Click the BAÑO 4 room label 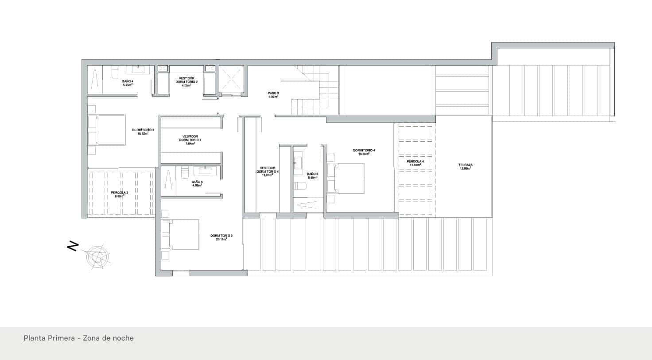pyautogui.click(x=128, y=83)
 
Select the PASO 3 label pyautogui.click(x=273, y=94)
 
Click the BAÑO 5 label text pyautogui.click(x=197, y=183)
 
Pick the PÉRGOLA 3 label pyautogui.click(x=120, y=194)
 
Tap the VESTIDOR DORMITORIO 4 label pyautogui.click(x=268, y=171)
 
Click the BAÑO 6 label pyautogui.click(x=313, y=176)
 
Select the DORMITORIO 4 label pyautogui.click(x=364, y=152)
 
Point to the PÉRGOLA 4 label pyautogui.click(x=415, y=163)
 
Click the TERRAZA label pyautogui.click(x=465, y=166)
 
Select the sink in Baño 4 pyautogui.click(x=138, y=70)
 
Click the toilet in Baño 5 pyautogui.click(x=185, y=172)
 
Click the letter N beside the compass pyautogui.click(x=73, y=246)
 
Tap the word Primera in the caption pyautogui.click(x=60, y=338)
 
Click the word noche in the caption pyautogui.click(x=124, y=338)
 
